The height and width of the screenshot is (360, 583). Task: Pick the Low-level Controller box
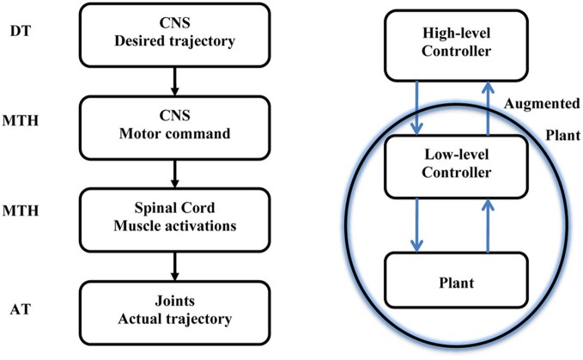(452, 166)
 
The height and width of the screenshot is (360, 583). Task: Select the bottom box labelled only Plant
(452, 282)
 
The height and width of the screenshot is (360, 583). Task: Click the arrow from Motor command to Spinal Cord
(176, 168)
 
